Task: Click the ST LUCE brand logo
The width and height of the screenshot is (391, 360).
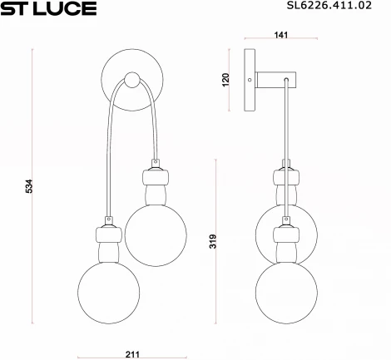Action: (x=50, y=9)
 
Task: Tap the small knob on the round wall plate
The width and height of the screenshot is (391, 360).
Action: (x=131, y=81)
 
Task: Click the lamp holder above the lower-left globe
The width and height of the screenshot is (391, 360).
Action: (x=108, y=242)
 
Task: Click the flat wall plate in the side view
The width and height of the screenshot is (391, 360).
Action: (x=248, y=80)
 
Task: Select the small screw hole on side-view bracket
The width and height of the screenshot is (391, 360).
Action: (x=250, y=80)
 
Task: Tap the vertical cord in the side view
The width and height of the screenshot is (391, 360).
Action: (x=286, y=125)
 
